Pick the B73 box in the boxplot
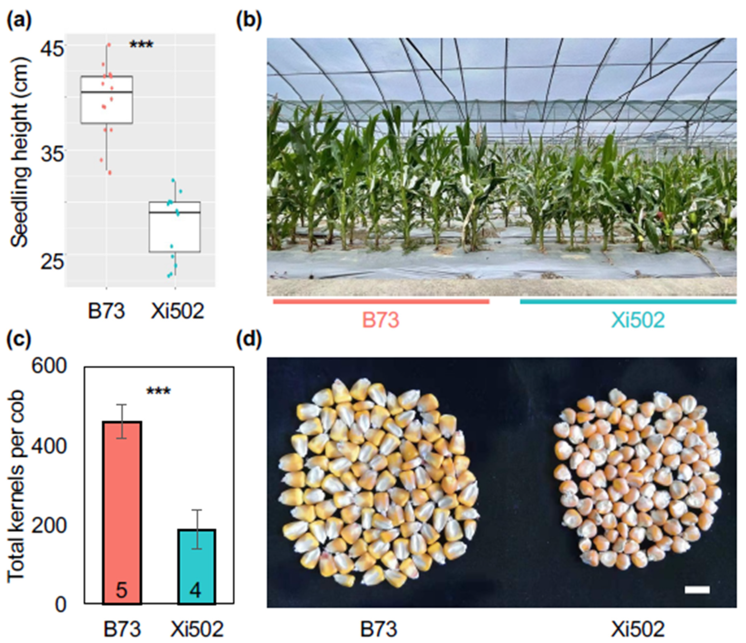point(107,100)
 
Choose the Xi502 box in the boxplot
point(175,227)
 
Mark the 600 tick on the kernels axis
point(49,366)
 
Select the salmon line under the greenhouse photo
point(381,302)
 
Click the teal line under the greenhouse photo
point(628,302)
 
